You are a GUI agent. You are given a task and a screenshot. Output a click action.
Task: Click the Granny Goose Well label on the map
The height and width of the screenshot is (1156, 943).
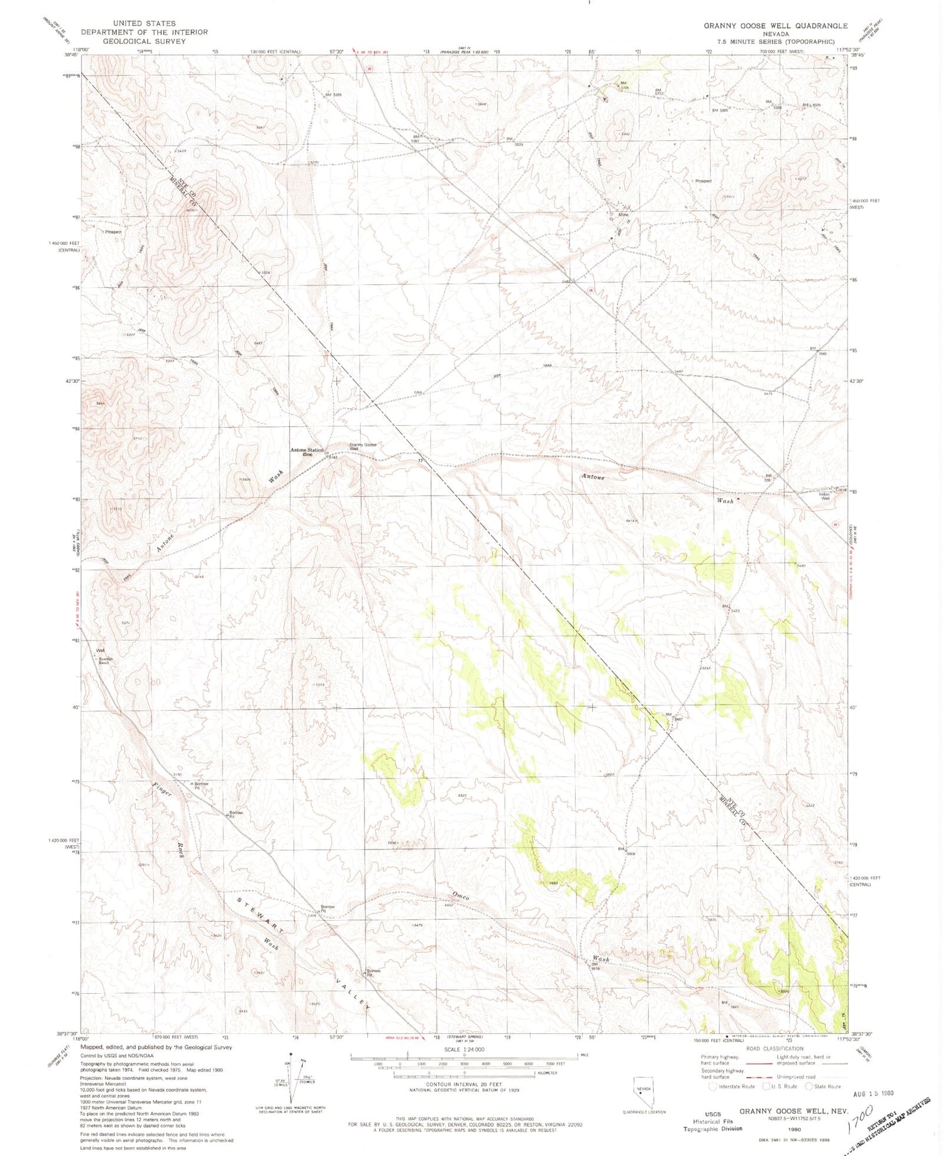point(363,447)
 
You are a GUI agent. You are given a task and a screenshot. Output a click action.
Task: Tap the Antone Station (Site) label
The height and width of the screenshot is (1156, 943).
point(307,452)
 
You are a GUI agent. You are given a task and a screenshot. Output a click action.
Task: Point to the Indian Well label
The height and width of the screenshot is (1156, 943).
point(825,496)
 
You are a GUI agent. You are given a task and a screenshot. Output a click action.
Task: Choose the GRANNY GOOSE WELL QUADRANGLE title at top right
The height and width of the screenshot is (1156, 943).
point(766,26)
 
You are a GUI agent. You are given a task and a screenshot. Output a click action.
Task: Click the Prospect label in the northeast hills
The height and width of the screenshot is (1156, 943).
point(703,181)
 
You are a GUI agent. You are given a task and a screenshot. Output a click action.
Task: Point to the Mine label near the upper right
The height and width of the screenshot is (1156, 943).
point(623,214)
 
